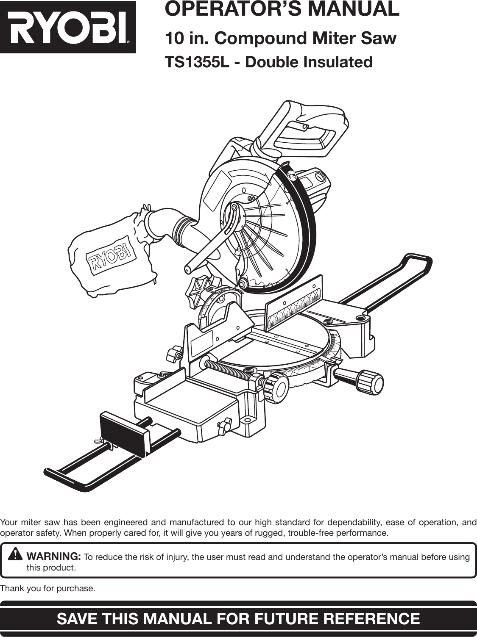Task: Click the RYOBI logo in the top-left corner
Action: (x=68, y=28)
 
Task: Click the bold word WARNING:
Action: (x=54, y=556)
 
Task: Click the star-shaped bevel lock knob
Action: (x=199, y=292)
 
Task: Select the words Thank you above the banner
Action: (x=20, y=589)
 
